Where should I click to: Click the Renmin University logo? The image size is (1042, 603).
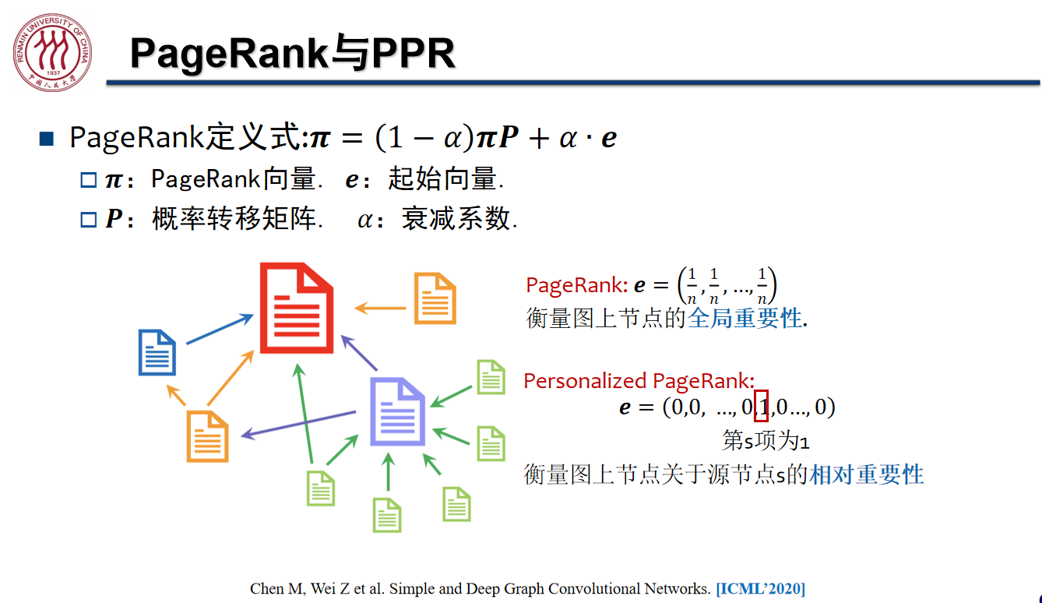52,52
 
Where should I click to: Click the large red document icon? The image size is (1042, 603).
296,308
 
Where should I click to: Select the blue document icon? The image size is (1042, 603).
157,352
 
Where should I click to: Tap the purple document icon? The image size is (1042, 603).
397,412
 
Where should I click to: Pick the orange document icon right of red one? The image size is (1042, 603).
435,298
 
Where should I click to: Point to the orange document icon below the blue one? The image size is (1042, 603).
207,436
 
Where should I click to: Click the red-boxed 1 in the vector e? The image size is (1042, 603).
761,406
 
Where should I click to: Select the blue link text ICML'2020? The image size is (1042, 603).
761,588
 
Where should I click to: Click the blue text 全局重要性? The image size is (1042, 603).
745,319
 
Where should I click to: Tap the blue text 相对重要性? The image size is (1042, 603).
867,474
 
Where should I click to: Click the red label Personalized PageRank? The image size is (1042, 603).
639,381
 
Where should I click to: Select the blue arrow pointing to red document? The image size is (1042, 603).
220,330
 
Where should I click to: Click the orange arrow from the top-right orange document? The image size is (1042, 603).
380,308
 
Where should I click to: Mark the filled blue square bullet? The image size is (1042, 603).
47,138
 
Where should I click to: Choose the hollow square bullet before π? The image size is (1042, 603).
88,180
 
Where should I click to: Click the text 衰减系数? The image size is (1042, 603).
456,219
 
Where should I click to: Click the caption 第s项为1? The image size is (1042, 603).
766,440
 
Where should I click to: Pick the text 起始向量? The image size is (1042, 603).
442,178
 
